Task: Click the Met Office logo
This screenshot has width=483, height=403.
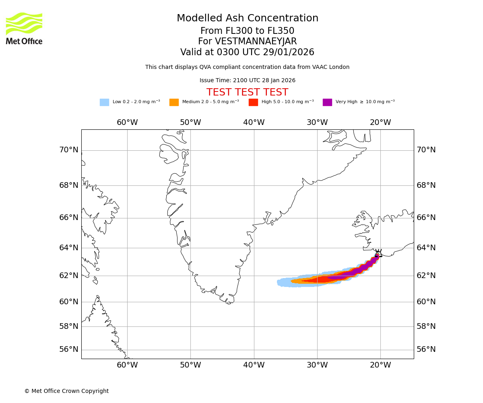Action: (x=24, y=28)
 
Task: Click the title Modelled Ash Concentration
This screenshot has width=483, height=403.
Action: (x=247, y=19)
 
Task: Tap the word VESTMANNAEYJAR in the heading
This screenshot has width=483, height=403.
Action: (x=256, y=42)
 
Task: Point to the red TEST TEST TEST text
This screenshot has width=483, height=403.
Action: (x=247, y=93)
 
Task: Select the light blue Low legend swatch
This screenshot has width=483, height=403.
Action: (x=104, y=102)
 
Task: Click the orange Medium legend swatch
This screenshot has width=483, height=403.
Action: (x=174, y=102)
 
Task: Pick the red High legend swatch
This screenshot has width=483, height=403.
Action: (x=253, y=102)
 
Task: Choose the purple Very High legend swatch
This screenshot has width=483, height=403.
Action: (x=327, y=102)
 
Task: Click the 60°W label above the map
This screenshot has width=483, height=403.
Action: (x=127, y=123)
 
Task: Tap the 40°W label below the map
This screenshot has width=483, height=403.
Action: (x=254, y=365)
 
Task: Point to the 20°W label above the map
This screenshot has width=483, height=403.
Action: (x=380, y=123)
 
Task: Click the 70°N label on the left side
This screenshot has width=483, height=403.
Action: (x=69, y=150)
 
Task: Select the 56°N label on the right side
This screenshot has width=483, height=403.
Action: (x=426, y=349)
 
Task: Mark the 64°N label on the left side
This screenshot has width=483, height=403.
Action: (x=69, y=247)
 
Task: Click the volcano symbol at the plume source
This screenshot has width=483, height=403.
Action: (x=378, y=253)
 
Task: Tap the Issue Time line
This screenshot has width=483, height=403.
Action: (x=247, y=81)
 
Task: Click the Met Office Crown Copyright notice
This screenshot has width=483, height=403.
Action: (x=66, y=391)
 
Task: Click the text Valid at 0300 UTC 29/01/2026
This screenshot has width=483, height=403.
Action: (x=247, y=52)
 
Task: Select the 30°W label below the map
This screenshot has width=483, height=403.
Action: (x=317, y=365)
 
